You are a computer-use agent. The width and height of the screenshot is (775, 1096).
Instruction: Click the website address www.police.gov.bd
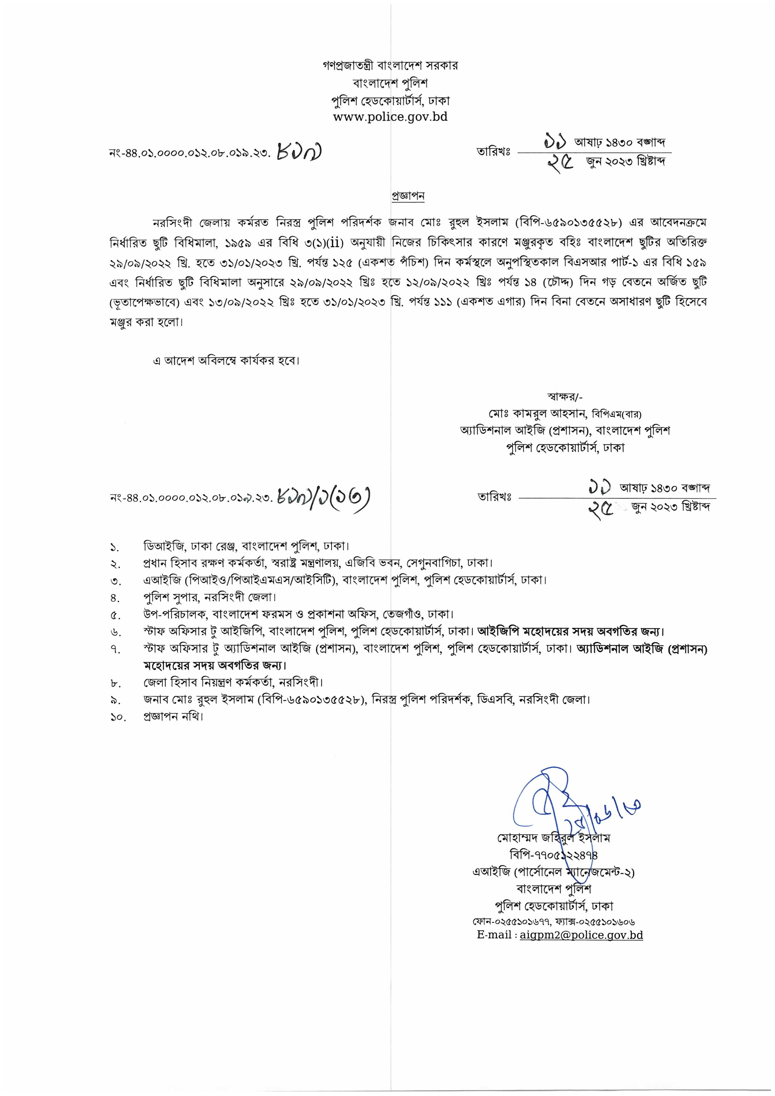390,117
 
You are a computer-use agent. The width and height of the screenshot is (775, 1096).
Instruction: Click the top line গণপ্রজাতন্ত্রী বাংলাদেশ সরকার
390,65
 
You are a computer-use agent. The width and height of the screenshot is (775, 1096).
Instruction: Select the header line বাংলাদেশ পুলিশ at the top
390,83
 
